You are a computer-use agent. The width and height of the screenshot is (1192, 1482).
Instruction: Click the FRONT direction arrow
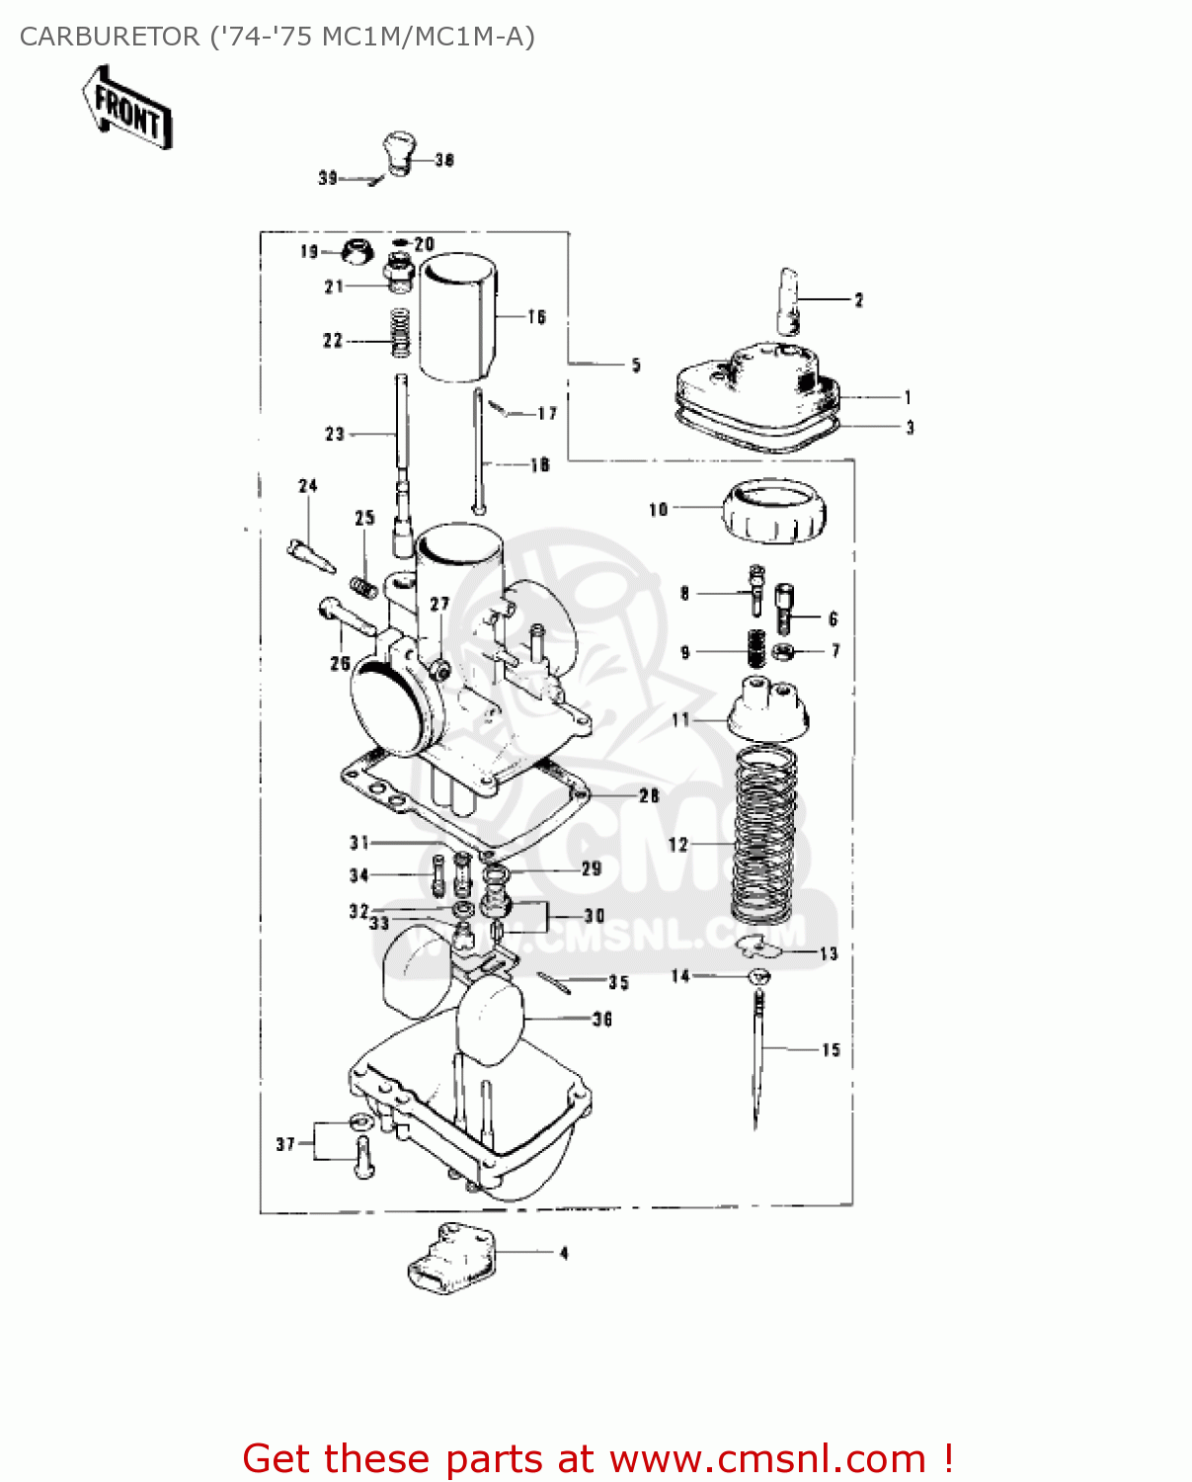coord(127,108)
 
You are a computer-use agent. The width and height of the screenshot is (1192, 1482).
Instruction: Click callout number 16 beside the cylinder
coord(536,317)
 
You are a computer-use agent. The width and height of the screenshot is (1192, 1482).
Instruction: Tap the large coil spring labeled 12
coord(763,832)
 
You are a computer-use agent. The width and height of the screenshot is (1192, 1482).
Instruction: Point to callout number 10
coord(658,510)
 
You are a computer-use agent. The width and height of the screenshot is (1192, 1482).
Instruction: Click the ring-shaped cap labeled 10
coord(774,511)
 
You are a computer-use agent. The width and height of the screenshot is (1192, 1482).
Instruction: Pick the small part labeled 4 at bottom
coord(450,1256)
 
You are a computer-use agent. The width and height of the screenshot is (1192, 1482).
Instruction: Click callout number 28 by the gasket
coord(649,795)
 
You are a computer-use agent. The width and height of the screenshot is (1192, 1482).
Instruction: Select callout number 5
coord(636,366)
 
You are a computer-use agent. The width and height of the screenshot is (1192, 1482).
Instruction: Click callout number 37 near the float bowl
coord(285,1144)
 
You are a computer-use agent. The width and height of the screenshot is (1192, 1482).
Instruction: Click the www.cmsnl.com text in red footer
coord(767,1458)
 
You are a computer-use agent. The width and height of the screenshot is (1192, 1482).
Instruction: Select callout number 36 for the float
coord(602,1019)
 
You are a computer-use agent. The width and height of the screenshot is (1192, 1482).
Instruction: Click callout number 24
coord(308,486)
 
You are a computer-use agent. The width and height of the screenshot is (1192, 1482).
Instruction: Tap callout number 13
coord(829,953)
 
